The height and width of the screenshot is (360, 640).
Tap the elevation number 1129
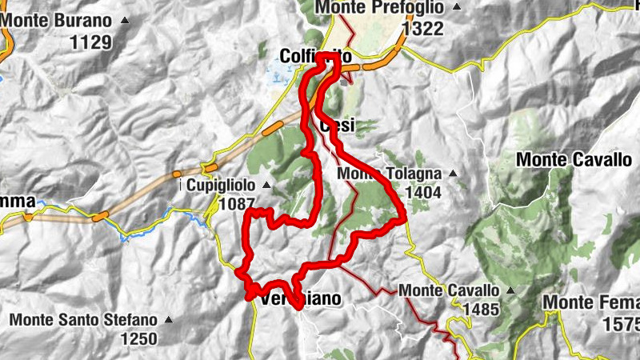90,42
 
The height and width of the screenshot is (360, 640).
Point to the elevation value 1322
423,29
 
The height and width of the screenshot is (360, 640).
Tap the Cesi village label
336,126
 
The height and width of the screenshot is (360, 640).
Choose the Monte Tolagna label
390,174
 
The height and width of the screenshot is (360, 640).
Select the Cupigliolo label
222,185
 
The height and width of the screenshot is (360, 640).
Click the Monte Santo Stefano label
84,320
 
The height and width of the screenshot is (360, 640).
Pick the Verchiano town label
301,299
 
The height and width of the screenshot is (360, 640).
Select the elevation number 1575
622,324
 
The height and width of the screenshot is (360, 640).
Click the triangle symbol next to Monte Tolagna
453,174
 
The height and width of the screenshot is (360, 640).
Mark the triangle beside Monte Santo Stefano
168,320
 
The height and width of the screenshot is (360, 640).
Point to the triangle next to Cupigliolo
266,186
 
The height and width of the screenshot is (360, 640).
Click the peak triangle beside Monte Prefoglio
456,8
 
